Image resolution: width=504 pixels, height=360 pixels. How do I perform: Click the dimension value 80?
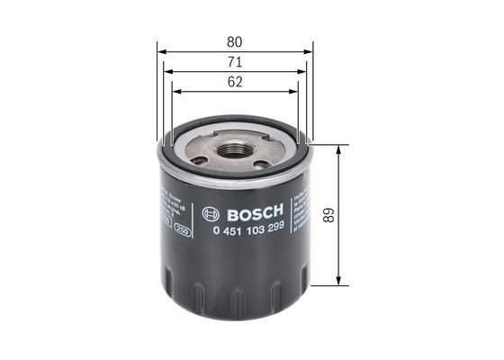tap(234, 41)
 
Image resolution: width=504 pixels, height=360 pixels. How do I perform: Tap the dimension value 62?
tap(234, 81)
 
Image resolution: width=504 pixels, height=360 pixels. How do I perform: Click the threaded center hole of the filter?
tap(235, 151)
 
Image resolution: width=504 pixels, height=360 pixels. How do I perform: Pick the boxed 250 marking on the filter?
tap(182, 230)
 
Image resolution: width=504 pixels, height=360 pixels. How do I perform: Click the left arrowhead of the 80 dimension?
tap(160, 51)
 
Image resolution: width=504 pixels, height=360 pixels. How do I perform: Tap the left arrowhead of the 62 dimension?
tap(175, 91)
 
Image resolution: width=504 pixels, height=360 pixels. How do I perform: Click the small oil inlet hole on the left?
tap(198, 160)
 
